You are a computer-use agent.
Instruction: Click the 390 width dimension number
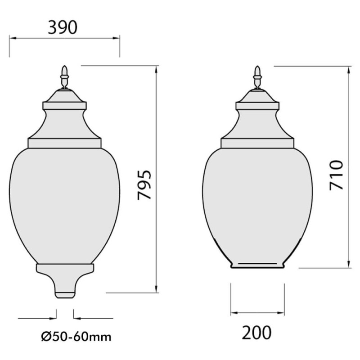coord(63,27)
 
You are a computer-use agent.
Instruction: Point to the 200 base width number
coord(257,333)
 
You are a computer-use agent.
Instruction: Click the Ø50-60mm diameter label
coord(76,336)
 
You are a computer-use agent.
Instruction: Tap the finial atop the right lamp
coord(257,77)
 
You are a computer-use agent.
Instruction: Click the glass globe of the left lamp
coord(64,202)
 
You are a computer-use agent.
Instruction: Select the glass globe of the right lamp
coord(257,202)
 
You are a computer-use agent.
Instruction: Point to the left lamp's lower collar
coord(65,269)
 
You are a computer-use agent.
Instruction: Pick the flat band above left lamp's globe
coord(64,143)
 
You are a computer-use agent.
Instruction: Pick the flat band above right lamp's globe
coord(257,143)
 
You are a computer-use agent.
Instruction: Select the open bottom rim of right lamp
coord(257,265)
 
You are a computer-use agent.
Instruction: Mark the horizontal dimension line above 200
coord(257,313)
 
